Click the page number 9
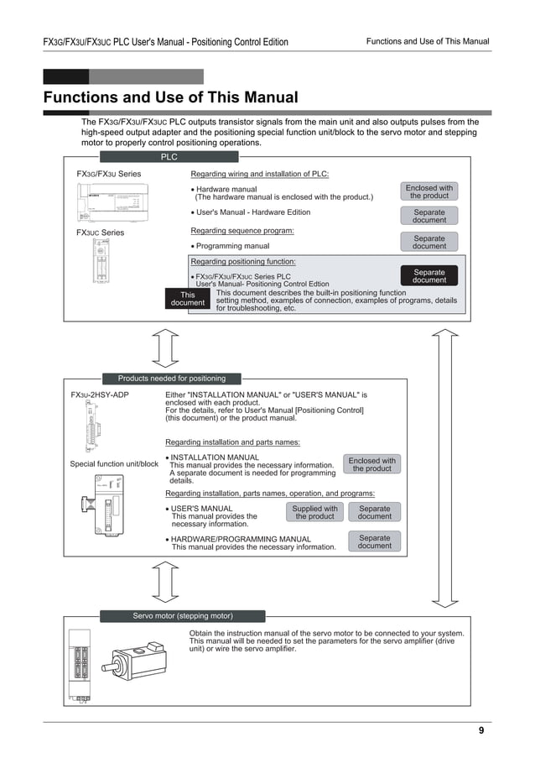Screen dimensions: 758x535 (x=481, y=730)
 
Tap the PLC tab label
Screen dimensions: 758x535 (x=169, y=157)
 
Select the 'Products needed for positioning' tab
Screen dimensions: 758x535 (x=171, y=379)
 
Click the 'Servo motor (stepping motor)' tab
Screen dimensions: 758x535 (x=183, y=616)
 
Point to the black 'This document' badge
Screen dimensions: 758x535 (x=187, y=299)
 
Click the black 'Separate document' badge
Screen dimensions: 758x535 (x=429, y=276)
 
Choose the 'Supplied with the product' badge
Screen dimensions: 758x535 (x=314, y=513)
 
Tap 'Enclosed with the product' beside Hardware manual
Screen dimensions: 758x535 (x=429, y=192)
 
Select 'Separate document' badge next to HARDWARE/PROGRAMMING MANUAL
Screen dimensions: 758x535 (x=374, y=541)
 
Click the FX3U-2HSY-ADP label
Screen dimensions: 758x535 (x=100, y=395)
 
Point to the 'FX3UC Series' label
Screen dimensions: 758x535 (x=100, y=233)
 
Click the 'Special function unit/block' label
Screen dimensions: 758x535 (x=114, y=464)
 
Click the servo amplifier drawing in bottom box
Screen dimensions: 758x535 (x=80, y=663)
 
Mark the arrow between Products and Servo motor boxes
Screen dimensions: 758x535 (x=166, y=582)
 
